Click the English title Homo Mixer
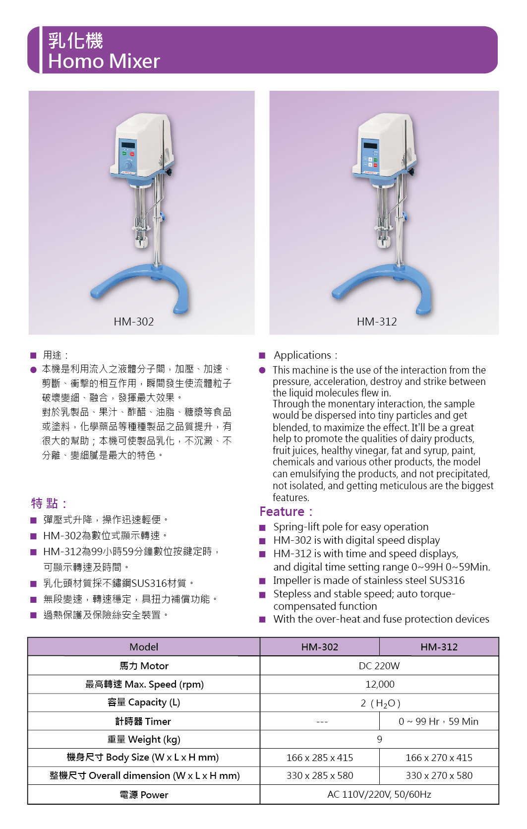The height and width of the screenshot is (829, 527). coord(104,61)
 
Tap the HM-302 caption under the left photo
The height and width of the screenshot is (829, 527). coord(134,321)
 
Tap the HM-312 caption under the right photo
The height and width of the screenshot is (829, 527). coord(377,321)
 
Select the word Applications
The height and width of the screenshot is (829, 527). coord(302,355)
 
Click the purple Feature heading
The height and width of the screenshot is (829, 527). coord(282,511)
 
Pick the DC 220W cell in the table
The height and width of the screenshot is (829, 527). coord(379,666)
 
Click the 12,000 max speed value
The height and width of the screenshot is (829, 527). coord(380,684)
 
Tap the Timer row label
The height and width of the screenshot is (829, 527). coord(143,721)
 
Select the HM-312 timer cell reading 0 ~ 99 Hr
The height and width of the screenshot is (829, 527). coord(439,721)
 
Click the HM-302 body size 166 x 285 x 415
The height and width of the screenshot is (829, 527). coord(320,758)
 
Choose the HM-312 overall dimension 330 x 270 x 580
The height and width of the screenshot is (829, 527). coord(439,775)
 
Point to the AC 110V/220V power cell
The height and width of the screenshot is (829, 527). coord(379,794)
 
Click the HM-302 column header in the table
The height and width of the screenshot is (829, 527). coord(320,647)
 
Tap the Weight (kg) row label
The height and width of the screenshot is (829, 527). coord(144,739)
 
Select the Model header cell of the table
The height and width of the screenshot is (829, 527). coord(144,647)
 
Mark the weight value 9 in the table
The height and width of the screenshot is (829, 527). coord(379,739)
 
